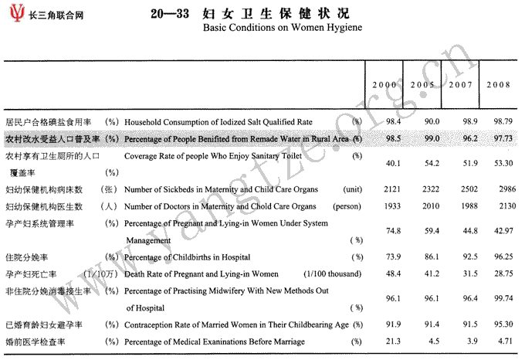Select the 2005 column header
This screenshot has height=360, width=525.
[x=422, y=83]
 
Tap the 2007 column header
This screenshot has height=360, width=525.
[x=460, y=83]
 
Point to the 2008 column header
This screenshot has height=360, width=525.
[x=499, y=83]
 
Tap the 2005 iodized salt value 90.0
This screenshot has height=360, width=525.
[x=432, y=122]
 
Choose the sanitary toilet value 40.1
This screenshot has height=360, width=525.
[x=394, y=163]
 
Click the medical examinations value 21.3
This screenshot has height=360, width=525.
[x=394, y=341]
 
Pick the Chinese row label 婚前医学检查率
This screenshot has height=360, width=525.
[x=33, y=341]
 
